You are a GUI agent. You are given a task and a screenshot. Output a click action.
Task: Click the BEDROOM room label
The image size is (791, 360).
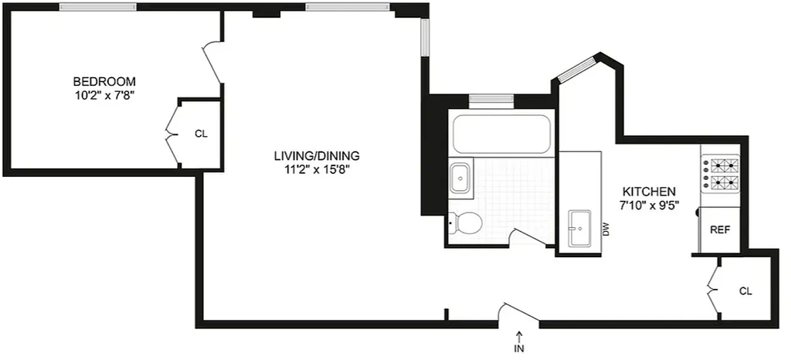tap(104, 81)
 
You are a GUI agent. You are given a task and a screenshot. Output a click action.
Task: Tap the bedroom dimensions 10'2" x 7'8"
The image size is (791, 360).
tap(104, 95)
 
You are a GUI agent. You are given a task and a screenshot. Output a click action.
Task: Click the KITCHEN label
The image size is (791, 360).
tap(649, 192)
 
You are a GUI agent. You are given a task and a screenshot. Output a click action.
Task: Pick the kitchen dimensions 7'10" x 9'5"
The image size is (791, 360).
tap(649, 205)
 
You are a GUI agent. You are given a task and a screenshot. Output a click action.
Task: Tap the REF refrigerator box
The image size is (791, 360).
tap(719, 229)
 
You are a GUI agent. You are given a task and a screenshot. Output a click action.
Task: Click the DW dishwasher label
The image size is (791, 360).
tap(606, 230)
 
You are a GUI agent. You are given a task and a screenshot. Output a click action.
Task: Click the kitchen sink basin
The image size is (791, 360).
tap(581, 229)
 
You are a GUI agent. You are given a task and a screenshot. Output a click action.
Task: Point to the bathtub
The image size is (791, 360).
tap(501, 134)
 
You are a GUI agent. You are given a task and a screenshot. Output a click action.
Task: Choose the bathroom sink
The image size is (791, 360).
tap(460, 178)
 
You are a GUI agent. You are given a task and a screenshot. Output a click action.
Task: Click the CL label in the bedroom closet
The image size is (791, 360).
tap(201, 134)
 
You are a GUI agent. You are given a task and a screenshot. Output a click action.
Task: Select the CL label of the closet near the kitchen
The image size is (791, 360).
tap(745, 291)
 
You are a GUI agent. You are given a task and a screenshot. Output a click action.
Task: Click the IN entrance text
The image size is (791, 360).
tap(520, 348)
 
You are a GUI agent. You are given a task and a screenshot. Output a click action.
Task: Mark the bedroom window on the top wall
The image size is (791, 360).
tap(98, 6)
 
